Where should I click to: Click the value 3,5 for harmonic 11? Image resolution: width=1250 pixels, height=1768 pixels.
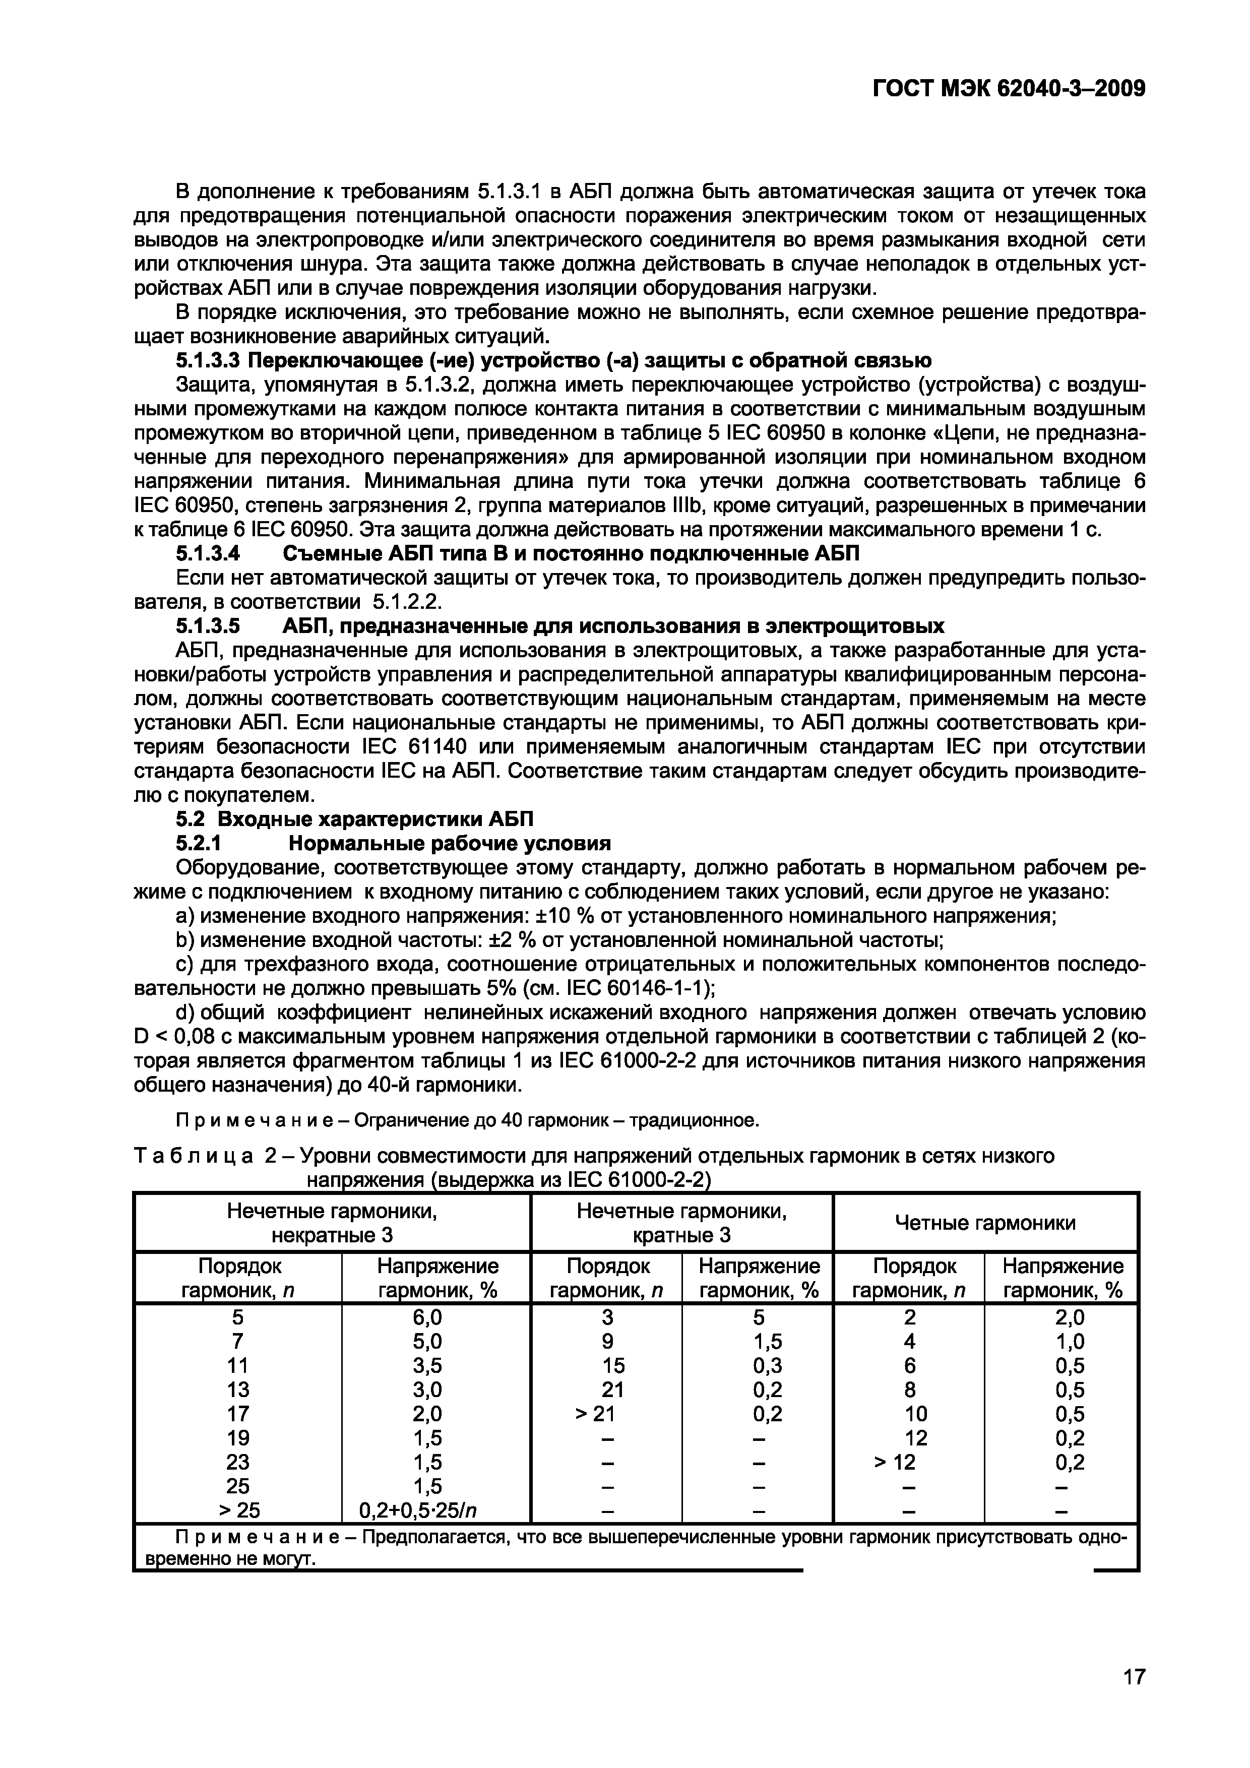click(x=427, y=1365)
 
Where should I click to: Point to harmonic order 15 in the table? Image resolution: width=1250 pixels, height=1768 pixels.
click(x=613, y=1365)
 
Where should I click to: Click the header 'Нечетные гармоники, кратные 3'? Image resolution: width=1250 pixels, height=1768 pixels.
click(x=681, y=1224)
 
